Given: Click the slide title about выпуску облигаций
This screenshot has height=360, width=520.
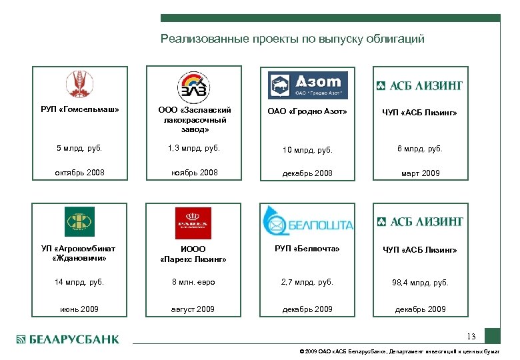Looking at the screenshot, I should coord(292,39).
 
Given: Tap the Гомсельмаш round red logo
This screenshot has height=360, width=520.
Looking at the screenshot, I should coord(80,85).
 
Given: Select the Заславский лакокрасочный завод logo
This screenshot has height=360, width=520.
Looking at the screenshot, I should coord(193,87).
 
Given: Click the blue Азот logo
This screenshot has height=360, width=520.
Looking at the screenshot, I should coord(308,85).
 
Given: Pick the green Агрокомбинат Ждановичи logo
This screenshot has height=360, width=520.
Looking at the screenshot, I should coord(79,221).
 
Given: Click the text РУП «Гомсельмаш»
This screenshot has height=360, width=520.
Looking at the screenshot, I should coord(80,110).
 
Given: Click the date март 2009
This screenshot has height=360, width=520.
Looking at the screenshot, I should coord(420,173).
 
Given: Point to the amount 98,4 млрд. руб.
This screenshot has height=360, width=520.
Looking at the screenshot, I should coord(420,283).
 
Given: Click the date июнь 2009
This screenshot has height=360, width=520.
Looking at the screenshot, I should coord(79,309).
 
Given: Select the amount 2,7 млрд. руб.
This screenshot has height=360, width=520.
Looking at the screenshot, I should coord(307,282).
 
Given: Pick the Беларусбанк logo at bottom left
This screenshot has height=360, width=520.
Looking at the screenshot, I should coord(67,339).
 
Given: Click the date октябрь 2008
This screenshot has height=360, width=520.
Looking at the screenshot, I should coord(79,173).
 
